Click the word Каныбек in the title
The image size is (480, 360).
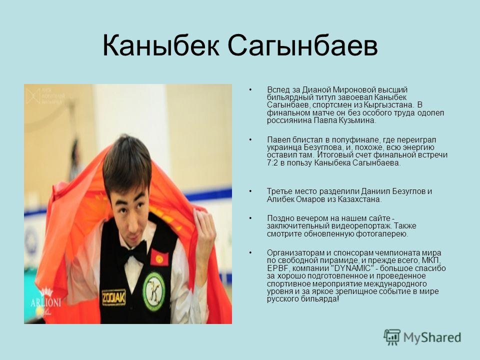click(160, 46)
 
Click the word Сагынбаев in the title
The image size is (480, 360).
click(302, 46)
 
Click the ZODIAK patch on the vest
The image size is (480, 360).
click(114, 297)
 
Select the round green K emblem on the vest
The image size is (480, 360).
click(154, 291)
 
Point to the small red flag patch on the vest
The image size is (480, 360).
click(159, 258)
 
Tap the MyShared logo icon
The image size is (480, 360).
click(392, 337)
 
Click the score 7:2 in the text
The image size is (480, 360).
click(272, 163)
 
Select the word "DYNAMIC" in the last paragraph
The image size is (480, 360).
click(351, 268)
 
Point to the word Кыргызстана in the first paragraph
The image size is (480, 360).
click(387, 105)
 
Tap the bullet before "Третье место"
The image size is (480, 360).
click(250, 191)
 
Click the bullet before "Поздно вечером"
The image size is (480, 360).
click(250, 218)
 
